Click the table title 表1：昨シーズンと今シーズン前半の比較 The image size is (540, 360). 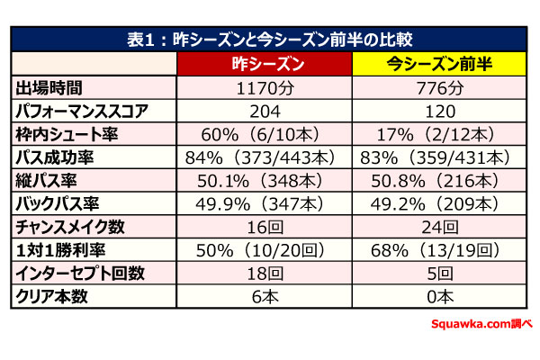(x=269, y=40)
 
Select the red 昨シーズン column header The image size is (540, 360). (x=265, y=65)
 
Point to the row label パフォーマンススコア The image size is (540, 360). (x=84, y=111)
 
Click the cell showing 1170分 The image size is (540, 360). (x=265, y=88)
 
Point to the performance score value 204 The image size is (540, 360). (x=265, y=111)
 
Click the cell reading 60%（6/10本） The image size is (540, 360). (x=265, y=134)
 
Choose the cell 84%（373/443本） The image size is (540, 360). (x=265, y=157)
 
